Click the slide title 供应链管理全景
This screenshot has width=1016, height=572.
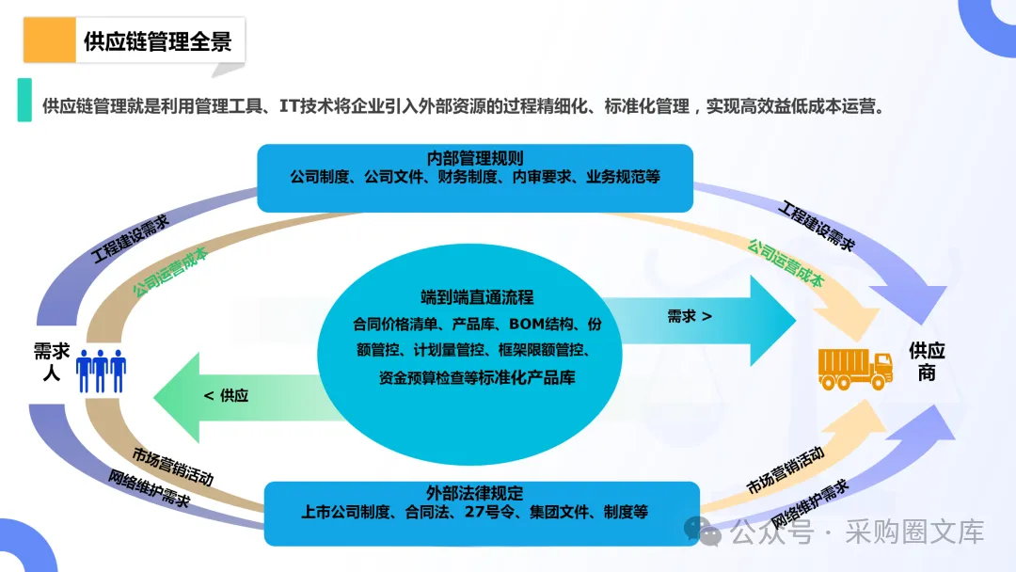point(157,41)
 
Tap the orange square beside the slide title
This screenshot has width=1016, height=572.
point(50,40)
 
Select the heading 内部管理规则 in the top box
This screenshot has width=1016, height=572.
point(475,158)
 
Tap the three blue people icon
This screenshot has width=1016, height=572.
point(102,370)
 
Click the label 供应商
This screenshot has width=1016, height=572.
point(927,361)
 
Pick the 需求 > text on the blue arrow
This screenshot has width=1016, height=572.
point(690,316)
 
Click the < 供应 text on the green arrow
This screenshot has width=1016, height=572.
point(227,396)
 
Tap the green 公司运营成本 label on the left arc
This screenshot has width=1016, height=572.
point(169,273)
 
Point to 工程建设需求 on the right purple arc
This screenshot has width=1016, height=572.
point(818,226)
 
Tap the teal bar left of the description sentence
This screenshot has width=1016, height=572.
point(24,100)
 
